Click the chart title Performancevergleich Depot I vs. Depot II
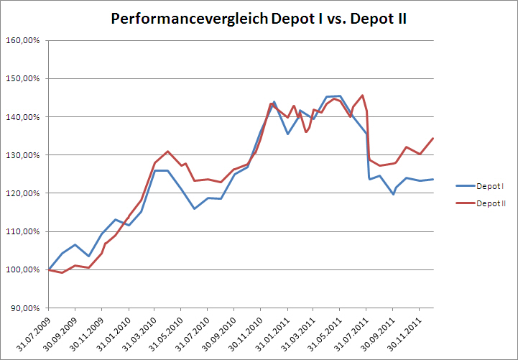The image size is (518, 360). (x=259, y=19)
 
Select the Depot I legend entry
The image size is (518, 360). (x=480, y=186)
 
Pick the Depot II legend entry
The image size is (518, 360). (x=481, y=203)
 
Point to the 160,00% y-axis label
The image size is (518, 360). (x=23, y=41)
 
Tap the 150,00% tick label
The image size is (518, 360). (x=23, y=78)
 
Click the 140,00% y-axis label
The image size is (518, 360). (x=23, y=117)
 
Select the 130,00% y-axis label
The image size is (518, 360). (x=23, y=155)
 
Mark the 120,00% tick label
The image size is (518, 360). (x=23, y=193)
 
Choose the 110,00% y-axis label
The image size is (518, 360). (x=23, y=231)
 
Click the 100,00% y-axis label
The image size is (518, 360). (x=23, y=269)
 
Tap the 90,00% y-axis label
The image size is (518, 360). (x=24, y=308)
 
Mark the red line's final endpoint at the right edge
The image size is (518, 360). (x=433, y=139)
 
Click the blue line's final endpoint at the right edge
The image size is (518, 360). (x=433, y=180)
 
